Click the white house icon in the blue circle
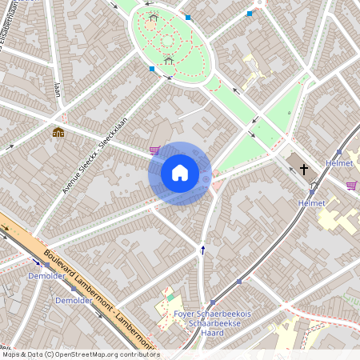(180, 173)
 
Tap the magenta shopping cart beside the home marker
(154, 150)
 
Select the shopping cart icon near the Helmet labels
(351, 186)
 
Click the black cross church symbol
(304, 169)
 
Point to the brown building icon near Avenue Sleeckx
(58, 133)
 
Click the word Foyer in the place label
(185, 314)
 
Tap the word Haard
(212, 332)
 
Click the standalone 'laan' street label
(57, 87)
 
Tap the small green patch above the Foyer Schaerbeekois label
(170, 298)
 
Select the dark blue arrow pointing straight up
(202, 250)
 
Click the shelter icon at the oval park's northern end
(153, 16)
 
